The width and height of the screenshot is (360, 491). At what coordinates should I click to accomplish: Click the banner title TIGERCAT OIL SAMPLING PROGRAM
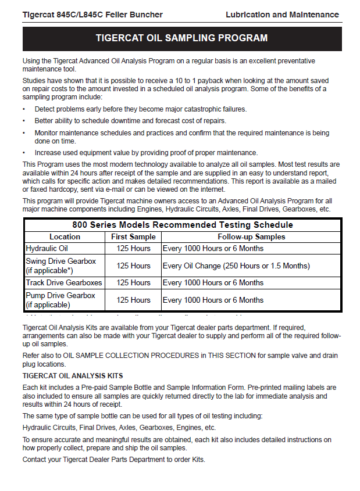pyautogui.click(x=181, y=38)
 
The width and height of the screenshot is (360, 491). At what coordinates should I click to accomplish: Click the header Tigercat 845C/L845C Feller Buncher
pyautogui.click(x=92, y=15)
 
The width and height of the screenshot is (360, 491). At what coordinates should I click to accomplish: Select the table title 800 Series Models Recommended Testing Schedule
pyautogui.click(x=183, y=225)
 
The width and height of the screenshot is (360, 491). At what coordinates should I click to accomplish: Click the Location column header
pyautogui.click(x=65, y=236)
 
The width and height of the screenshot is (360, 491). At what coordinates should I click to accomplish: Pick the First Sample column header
pyautogui.click(x=133, y=236)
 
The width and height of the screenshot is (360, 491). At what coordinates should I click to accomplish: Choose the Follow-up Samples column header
pyautogui.click(x=251, y=236)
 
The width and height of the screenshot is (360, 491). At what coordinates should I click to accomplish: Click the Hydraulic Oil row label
pyautogui.click(x=47, y=248)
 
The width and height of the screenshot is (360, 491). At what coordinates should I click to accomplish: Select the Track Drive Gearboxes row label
pyautogui.click(x=64, y=282)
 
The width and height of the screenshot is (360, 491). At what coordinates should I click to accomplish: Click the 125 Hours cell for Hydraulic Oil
pyautogui.click(x=133, y=248)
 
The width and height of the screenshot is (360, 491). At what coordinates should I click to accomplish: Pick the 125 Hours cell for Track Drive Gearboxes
pyautogui.click(x=133, y=282)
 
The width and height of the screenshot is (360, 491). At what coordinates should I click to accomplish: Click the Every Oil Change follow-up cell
pyautogui.click(x=236, y=266)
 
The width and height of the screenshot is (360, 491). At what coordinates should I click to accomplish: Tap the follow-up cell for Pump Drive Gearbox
pyautogui.click(x=213, y=300)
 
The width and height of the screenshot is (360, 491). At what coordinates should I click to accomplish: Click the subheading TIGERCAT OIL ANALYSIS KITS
pyautogui.click(x=73, y=376)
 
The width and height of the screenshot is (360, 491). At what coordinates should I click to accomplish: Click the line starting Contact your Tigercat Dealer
pyautogui.click(x=113, y=460)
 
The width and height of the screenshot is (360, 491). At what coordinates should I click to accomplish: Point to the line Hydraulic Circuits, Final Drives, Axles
pyautogui.click(x=119, y=427)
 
